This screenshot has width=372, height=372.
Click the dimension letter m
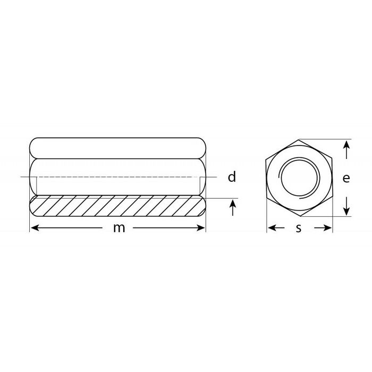click(119, 228)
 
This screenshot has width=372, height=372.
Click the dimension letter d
click(232, 177)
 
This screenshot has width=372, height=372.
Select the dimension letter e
click(346, 178)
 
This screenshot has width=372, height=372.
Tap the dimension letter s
click(299, 228)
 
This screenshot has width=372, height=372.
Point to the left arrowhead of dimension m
click(35, 228)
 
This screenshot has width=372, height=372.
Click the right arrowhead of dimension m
click(201, 228)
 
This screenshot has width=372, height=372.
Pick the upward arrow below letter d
click(233, 208)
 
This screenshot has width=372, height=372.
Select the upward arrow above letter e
click(346, 149)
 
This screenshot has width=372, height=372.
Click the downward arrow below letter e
click(346, 206)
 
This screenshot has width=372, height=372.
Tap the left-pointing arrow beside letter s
click(276, 228)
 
